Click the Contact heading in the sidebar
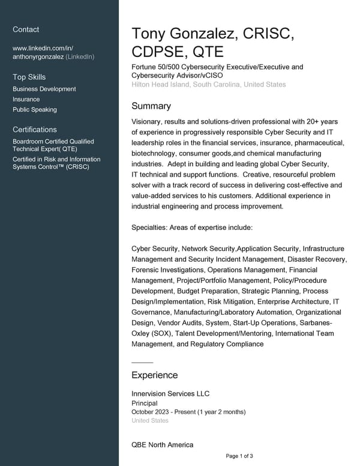26,29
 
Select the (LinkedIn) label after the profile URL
80,56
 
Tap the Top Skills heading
29,77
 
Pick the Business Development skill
44,89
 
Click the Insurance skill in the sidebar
26,99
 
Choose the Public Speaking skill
35,109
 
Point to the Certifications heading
35,129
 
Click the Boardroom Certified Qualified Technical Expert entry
53,145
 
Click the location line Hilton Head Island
208,85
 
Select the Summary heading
151,106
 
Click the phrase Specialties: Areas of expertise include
192,228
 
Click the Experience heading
154,375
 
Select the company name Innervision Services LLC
170,393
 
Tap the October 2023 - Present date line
188,412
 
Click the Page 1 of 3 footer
239,456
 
